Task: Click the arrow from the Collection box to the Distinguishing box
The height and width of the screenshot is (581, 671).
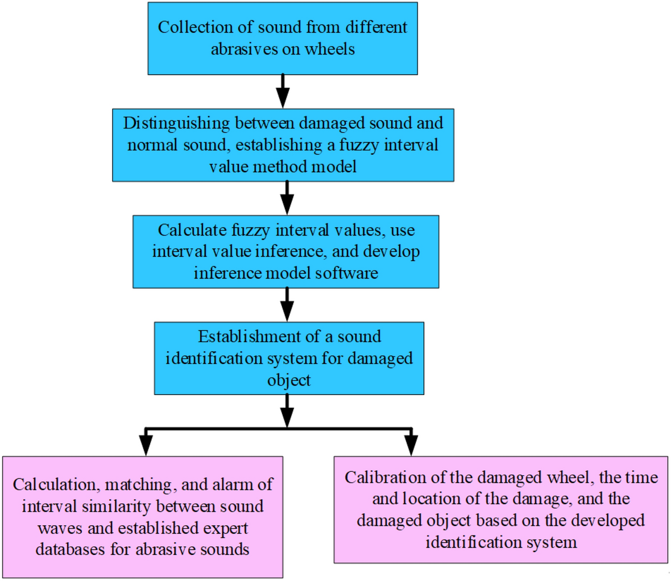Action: [283, 92]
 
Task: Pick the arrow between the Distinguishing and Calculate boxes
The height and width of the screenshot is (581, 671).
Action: [287, 198]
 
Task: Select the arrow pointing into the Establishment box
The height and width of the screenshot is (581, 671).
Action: [287, 305]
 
